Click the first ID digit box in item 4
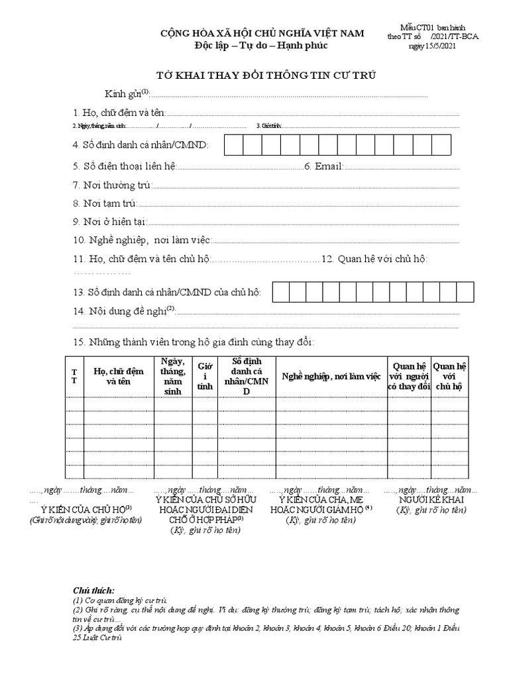[x=232, y=144]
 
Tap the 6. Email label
[x=323, y=166]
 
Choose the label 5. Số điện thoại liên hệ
[x=125, y=166]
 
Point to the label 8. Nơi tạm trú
[x=104, y=203]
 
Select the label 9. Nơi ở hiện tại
[x=110, y=222]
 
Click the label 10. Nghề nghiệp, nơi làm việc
[x=142, y=240]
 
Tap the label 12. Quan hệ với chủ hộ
[x=374, y=258]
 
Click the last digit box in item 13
[x=465, y=292]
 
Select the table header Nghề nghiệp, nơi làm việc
[x=331, y=376]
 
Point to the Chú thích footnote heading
[x=93, y=590]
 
